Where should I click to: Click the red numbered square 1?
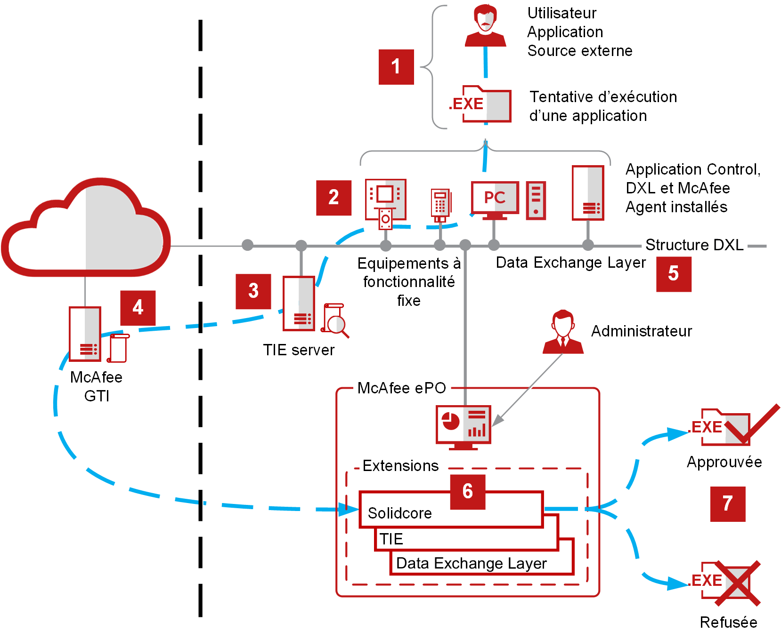pos(396,67)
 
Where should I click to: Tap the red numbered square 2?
pos(334,198)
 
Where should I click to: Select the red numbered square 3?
pos(253,291)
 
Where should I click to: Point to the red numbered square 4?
pos(138,308)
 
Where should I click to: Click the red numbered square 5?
pos(674,274)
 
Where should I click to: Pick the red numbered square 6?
pos(467,492)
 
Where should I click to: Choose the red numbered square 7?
pos(727,504)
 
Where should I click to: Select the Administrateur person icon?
pos(563,332)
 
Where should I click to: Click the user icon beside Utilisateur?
pos(485,25)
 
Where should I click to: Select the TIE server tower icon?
pos(299,304)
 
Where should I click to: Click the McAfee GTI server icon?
pos(85,334)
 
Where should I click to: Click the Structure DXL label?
pos(694,245)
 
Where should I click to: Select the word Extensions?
pos(400,466)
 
